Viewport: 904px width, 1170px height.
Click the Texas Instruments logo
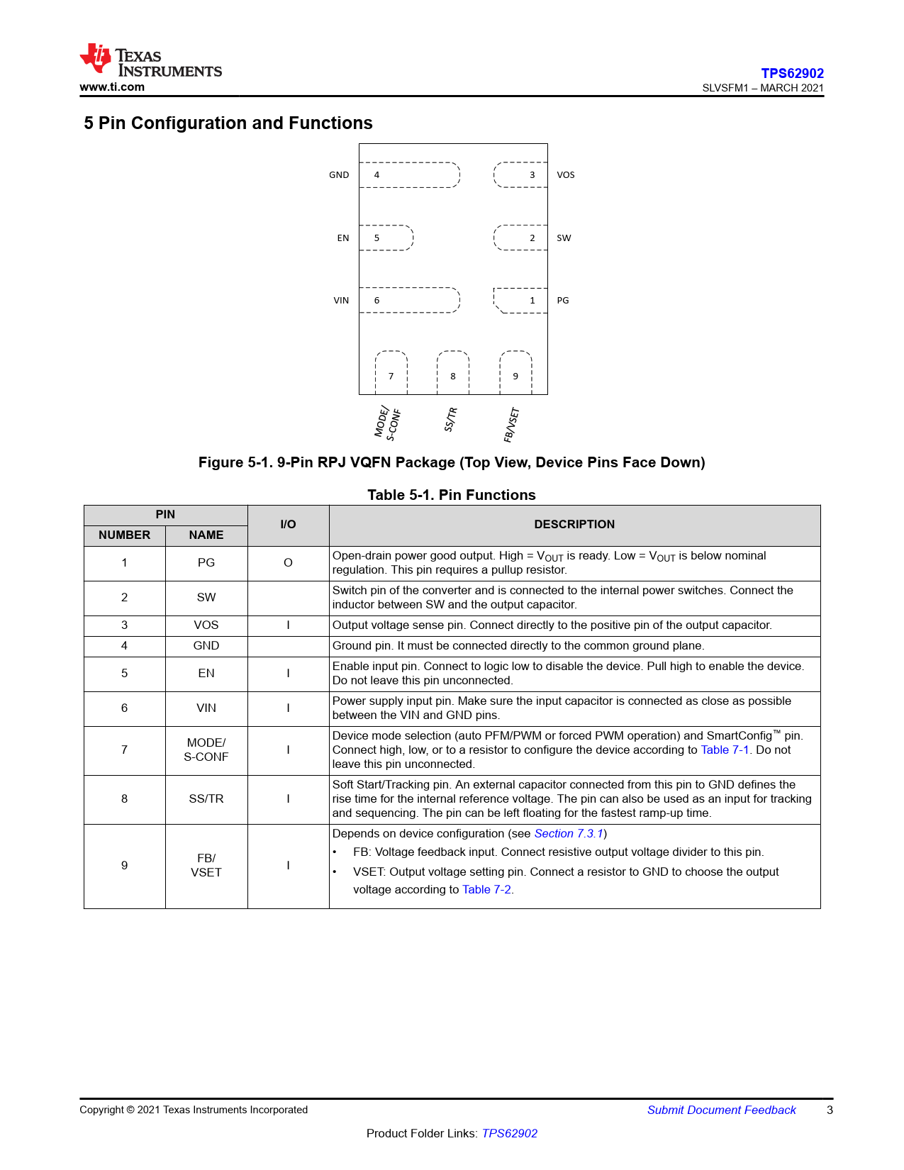click(x=150, y=61)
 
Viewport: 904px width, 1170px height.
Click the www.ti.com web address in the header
click(x=112, y=87)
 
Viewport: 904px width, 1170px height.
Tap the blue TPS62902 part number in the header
click(x=792, y=73)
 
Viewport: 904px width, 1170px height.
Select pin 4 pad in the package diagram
click(x=409, y=174)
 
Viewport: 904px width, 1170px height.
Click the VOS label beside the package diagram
click(x=566, y=175)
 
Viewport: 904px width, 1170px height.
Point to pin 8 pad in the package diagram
click(x=453, y=373)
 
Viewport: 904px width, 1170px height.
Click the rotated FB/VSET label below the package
click(x=512, y=425)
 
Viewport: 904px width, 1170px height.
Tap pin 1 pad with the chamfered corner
click(x=521, y=300)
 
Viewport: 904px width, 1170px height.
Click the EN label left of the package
click(x=343, y=238)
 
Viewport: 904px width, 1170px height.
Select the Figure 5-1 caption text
click(x=452, y=462)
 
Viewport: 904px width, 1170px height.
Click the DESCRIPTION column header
click(x=574, y=525)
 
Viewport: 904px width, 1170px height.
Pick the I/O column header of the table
click(x=288, y=525)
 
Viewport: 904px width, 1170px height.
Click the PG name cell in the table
click(x=206, y=563)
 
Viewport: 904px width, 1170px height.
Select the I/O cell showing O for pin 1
click(x=288, y=563)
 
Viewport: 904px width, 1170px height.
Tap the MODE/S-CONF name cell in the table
click(x=206, y=750)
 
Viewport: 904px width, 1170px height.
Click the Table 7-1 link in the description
click(x=725, y=750)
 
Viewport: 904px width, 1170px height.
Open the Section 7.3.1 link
click(x=569, y=834)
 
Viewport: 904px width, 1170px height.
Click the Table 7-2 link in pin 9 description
click(x=486, y=890)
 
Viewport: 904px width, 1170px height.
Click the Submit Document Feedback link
click(x=721, y=1110)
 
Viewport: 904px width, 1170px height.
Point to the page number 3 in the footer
click(x=830, y=1110)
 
